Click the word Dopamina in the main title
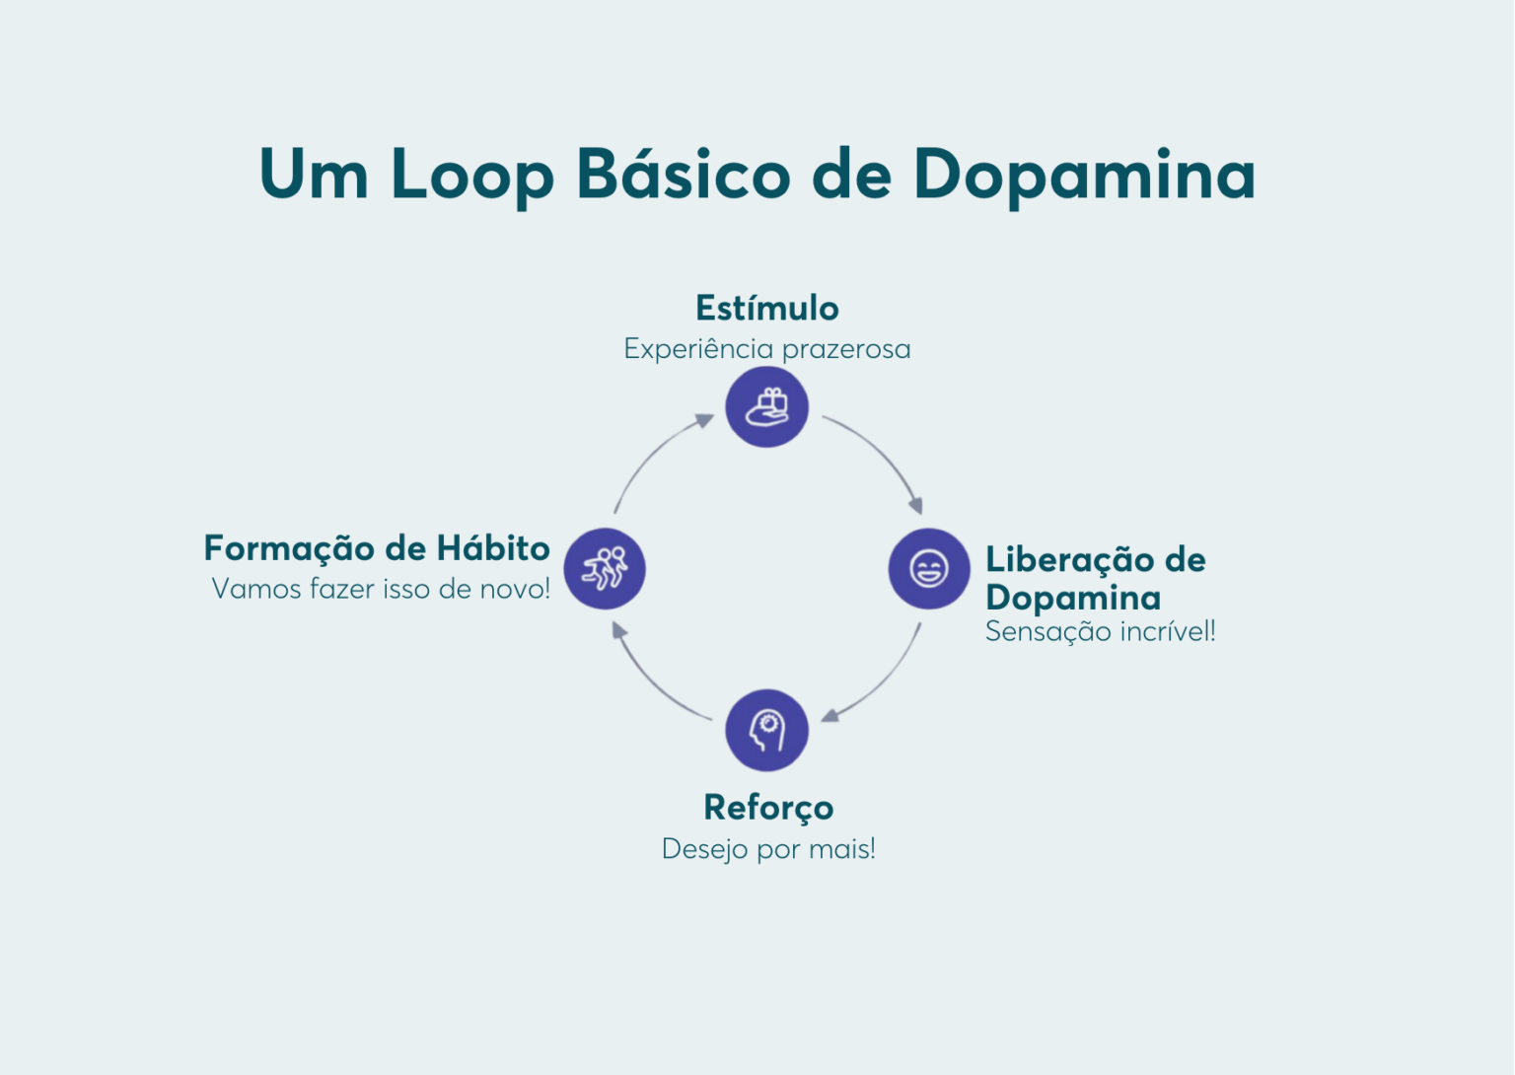(x=1084, y=176)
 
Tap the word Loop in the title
(x=472, y=176)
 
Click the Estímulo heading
(x=766, y=309)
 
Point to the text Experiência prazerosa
(x=766, y=349)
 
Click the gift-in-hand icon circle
(x=766, y=406)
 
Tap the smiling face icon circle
(x=928, y=568)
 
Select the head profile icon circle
(x=766, y=730)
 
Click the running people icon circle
(x=605, y=568)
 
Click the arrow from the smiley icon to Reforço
(x=881, y=679)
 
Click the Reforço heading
(x=768, y=808)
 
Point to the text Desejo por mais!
(x=768, y=849)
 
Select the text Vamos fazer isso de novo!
(x=381, y=590)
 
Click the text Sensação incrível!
(x=1100, y=632)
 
